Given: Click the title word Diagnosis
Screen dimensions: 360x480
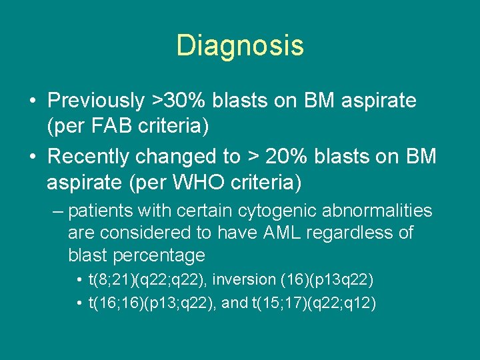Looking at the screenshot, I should pyautogui.click(x=240, y=45).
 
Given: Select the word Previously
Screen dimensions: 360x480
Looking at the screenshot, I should pyautogui.click(x=95, y=101).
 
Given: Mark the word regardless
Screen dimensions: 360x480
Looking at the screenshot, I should pyautogui.click(x=365, y=233).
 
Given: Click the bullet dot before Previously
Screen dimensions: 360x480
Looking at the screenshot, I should pyautogui.click(x=32, y=101).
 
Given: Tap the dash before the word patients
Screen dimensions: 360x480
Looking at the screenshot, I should pyautogui.click(x=57, y=212).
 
